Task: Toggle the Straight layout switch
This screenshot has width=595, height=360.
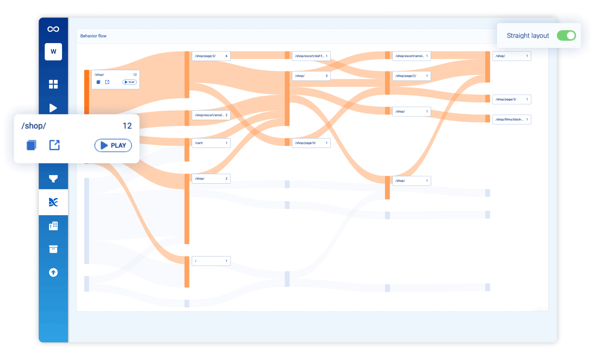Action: [x=566, y=35]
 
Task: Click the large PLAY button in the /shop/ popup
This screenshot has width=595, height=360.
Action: [x=113, y=145]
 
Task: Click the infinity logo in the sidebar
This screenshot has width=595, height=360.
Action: [x=53, y=29]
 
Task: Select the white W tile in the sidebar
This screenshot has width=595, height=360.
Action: [x=53, y=52]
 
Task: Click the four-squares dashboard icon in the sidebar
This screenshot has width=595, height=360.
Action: [x=53, y=84]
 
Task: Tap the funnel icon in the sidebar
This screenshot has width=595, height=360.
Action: [x=53, y=179]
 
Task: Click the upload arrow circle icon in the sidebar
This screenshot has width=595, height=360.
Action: [x=53, y=272]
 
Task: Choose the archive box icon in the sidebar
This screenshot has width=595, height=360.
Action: [x=53, y=249]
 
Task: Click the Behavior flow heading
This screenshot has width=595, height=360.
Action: [x=93, y=36]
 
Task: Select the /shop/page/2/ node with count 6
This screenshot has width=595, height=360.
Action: [x=211, y=56]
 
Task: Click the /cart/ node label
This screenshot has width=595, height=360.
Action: [x=199, y=143]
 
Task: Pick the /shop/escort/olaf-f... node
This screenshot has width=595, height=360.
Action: [x=311, y=56]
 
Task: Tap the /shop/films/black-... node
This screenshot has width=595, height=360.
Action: [x=512, y=119]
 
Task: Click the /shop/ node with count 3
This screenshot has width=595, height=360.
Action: [x=311, y=76]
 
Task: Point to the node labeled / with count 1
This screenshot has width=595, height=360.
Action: [x=211, y=261]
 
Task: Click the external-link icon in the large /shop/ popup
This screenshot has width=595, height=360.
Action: [x=54, y=145]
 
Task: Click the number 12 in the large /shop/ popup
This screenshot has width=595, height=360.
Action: [x=127, y=126]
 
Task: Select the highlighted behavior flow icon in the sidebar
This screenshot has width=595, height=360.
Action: [x=53, y=202]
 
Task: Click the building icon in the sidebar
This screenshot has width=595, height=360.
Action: [x=53, y=226]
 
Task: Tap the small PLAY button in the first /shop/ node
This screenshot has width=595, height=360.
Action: [x=130, y=82]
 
